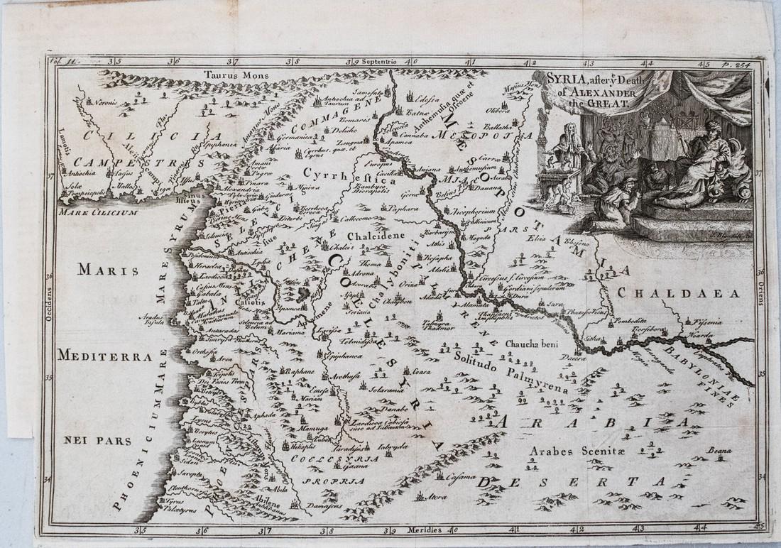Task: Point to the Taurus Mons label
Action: pyautogui.click(x=226, y=72)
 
